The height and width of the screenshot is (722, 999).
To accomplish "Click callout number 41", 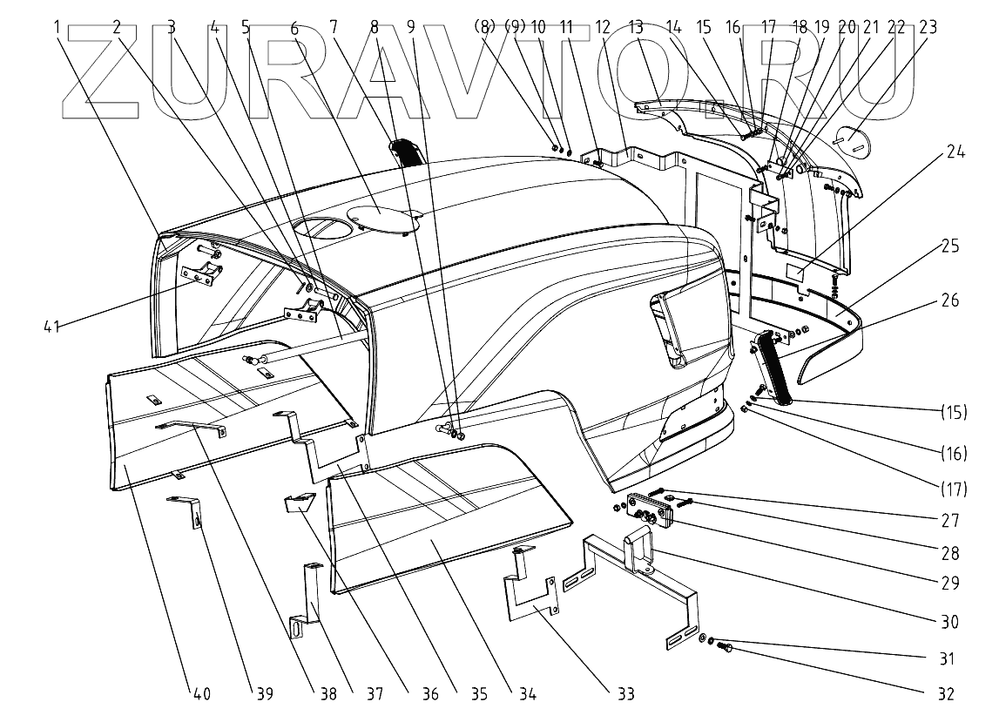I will [51, 327].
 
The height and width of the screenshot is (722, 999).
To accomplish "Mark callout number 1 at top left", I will [57, 27].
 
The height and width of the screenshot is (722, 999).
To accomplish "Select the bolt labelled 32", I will [725, 646].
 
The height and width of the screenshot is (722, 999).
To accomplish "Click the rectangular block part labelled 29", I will [649, 510].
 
